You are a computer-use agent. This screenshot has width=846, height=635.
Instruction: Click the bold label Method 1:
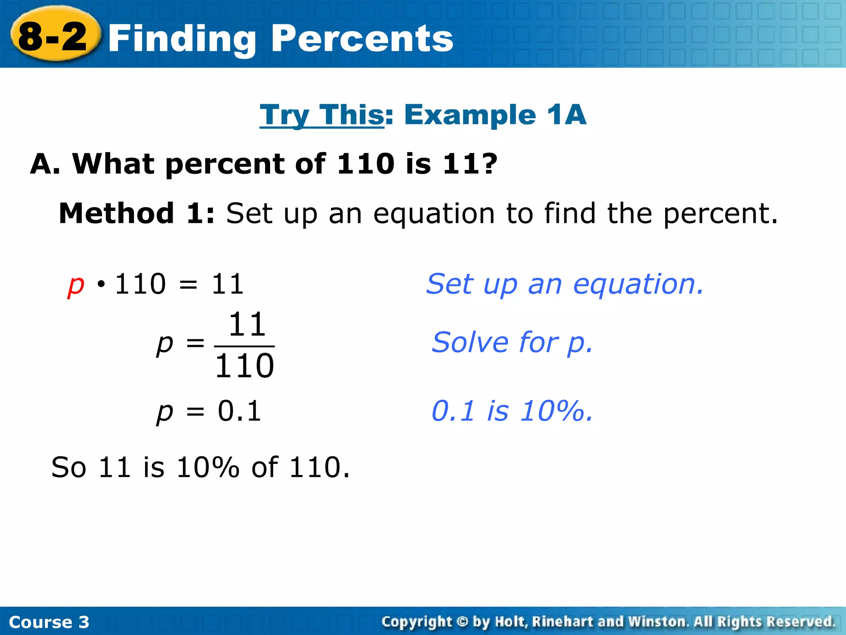[137, 213]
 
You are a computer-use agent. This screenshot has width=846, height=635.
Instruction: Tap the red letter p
[76, 285]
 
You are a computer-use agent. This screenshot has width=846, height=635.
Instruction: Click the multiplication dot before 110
[101, 284]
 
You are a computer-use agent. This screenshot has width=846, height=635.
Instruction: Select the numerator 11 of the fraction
[247, 325]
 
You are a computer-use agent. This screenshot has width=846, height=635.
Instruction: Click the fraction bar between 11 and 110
[245, 346]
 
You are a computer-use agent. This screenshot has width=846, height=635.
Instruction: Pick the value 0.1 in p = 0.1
[240, 411]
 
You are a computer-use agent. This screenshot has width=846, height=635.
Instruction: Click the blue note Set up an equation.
[565, 284]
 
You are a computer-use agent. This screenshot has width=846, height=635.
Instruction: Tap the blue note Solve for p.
[512, 343]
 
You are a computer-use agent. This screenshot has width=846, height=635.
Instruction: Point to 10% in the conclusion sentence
[208, 468]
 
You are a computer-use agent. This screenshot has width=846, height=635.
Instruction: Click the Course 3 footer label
[49, 622]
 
